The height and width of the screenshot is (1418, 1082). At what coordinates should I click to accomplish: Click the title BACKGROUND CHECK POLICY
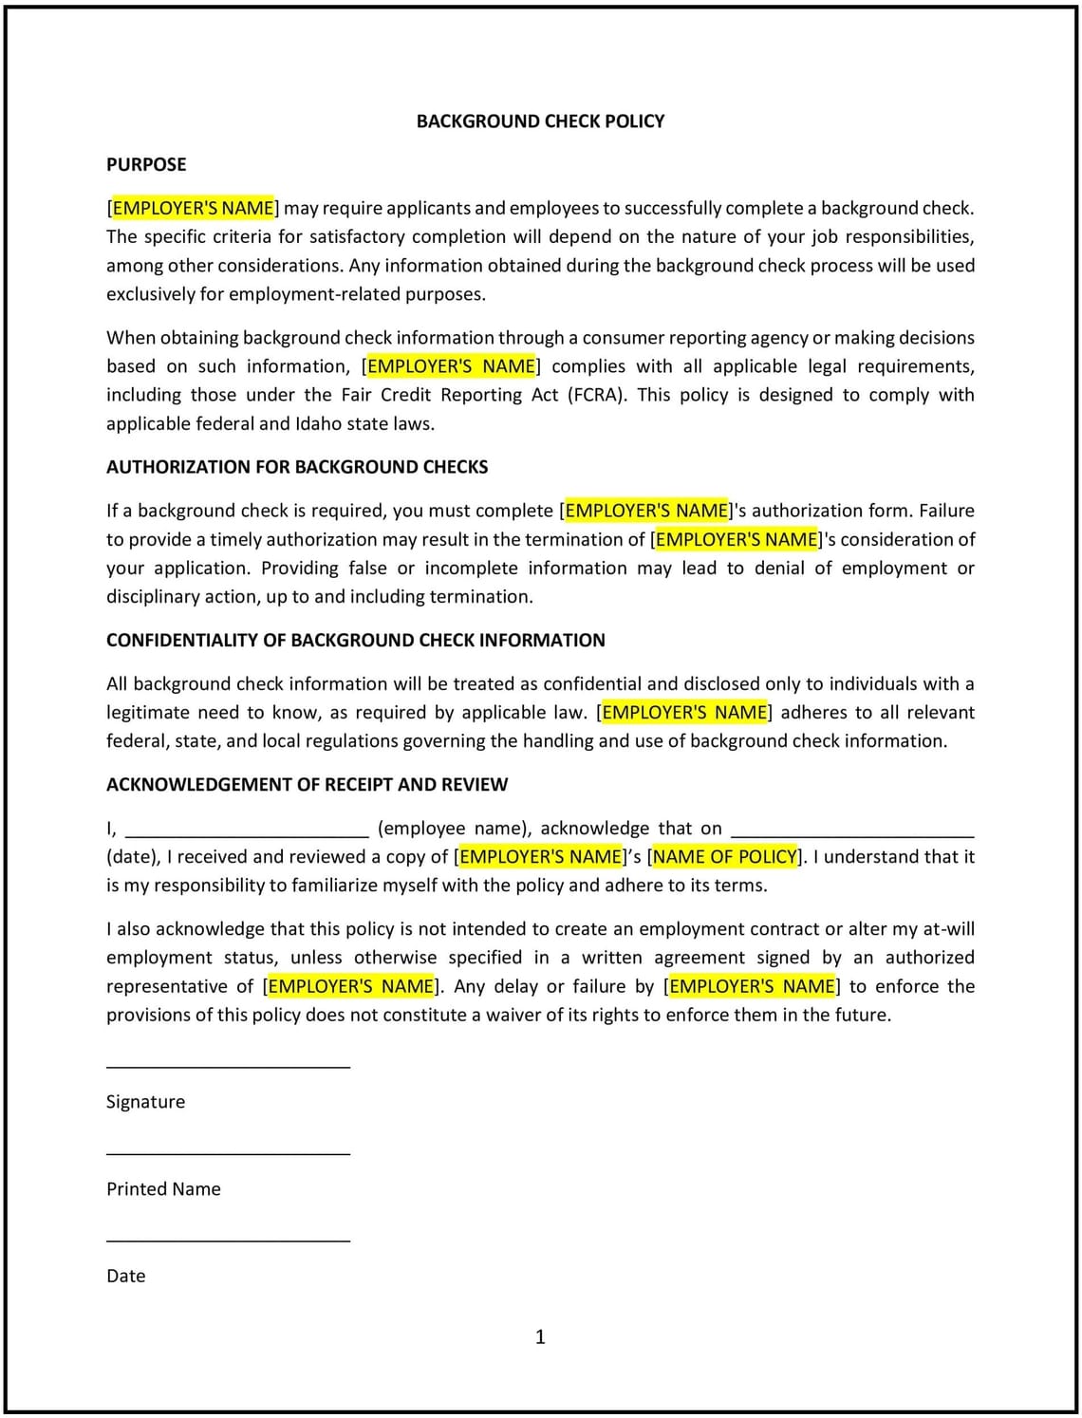coord(540,121)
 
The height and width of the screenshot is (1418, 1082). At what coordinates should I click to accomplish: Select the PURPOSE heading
coord(146,165)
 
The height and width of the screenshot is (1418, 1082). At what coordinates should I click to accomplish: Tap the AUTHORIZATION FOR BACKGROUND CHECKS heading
coord(297,467)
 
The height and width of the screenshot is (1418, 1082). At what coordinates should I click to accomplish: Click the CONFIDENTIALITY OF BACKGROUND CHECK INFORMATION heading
coord(355,641)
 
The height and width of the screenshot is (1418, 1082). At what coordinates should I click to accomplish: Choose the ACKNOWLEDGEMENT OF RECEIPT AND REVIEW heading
coord(307,785)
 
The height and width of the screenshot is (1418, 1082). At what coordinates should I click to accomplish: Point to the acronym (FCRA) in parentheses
coord(597,395)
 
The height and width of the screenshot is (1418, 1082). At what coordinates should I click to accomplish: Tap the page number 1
coord(540,1337)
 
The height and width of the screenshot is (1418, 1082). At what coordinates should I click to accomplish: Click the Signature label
coord(145,1102)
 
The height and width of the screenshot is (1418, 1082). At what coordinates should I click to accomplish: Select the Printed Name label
coord(163,1189)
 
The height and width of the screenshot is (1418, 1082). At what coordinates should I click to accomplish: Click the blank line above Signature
coord(228,1066)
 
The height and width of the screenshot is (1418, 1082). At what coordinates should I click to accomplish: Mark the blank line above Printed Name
coord(228,1153)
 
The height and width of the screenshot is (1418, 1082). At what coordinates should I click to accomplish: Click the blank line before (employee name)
coord(247,835)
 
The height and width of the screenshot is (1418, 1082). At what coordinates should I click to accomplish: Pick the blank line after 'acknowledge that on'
coord(852,835)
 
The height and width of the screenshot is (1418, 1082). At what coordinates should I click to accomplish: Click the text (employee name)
coord(453,829)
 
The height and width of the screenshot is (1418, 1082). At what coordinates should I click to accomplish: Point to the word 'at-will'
coord(948,929)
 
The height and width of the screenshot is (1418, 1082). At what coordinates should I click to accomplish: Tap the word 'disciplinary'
coord(155,597)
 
